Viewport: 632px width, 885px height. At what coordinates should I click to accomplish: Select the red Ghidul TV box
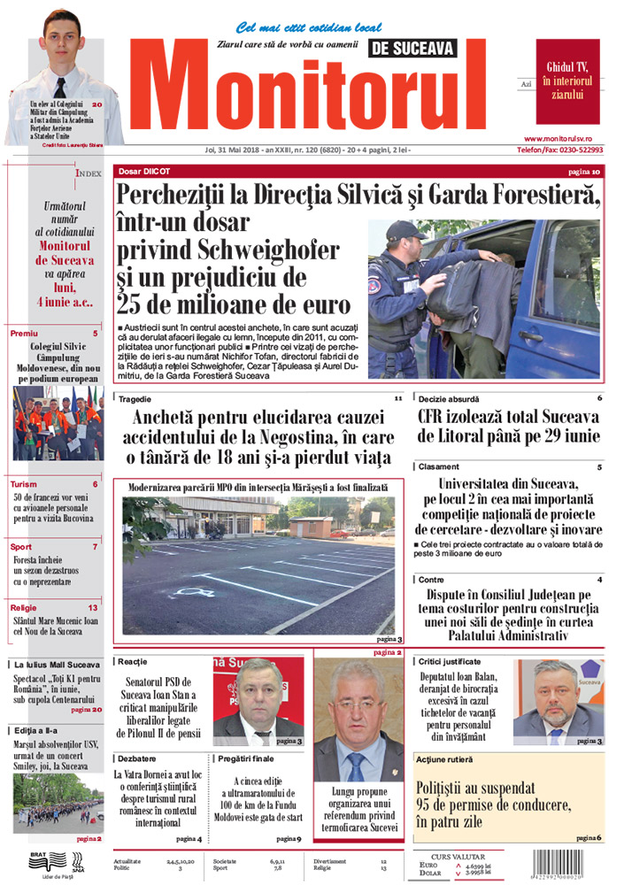point(567,81)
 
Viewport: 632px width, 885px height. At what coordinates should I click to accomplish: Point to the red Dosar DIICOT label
point(147,171)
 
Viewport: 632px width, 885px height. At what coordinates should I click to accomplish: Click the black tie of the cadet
point(59,88)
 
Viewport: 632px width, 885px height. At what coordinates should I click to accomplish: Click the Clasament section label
point(440,466)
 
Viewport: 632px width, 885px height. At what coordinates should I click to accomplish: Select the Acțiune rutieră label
point(447,759)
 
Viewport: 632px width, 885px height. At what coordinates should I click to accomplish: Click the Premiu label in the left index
point(25,333)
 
